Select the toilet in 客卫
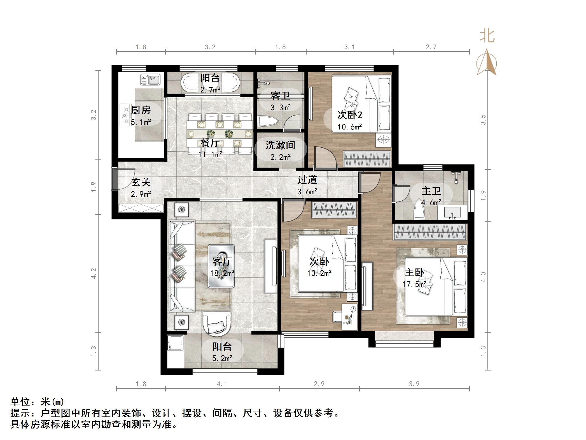[x=268, y=122]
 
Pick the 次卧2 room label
[x=349, y=115]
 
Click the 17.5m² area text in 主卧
[x=414, y=284]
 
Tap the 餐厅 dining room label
[x=210, y=143]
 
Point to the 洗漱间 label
[x=280, y=145]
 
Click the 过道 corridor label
[x=307, y=180]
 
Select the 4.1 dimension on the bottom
[x=222, y=384]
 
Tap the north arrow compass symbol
[x=487, y=63]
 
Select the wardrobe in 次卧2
[x=367, y=159]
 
